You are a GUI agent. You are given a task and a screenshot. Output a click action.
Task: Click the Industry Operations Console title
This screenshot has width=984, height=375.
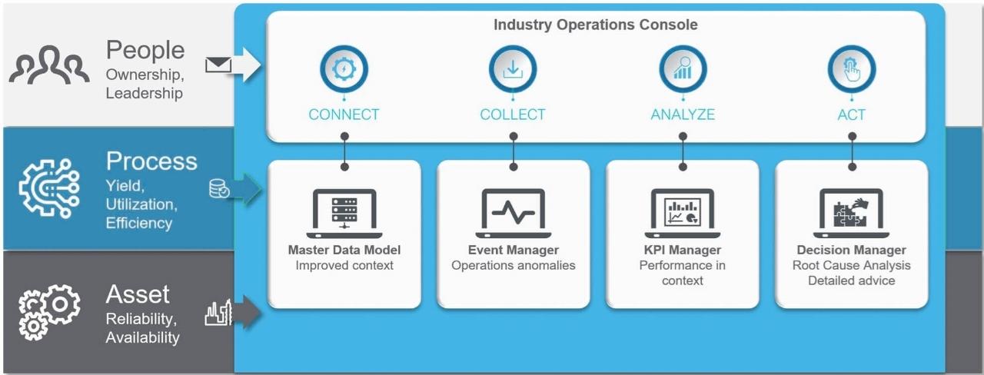pos(595,25)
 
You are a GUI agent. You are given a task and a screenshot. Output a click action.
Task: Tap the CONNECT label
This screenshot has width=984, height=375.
pos(344,114)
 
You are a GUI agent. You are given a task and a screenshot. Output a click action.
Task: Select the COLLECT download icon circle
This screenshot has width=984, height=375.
pos(513,69)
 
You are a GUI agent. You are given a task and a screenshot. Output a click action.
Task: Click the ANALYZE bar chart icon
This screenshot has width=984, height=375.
pos(683,69)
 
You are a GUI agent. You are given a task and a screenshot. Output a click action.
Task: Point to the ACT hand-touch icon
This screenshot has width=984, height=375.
pos(851,69)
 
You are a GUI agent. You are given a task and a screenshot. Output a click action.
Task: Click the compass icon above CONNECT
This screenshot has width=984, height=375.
pos(344,69)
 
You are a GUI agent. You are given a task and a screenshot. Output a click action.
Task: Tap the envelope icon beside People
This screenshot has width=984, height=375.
pos(218,65)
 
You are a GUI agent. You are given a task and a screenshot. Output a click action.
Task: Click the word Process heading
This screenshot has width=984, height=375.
pos(151,161)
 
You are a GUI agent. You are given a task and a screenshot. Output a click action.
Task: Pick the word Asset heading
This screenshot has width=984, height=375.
pos(138,294)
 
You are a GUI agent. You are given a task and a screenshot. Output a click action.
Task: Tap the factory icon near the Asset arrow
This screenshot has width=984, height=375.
pos(218,312)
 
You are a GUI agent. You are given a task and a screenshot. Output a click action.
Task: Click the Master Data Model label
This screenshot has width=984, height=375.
pos(344,250)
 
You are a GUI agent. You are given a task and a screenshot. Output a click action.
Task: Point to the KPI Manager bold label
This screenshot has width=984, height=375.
pos(683,250)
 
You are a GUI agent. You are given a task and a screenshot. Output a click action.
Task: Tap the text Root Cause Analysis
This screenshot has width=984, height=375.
pos(851,265)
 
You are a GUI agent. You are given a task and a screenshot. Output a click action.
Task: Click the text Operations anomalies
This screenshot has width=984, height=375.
pos(514,265)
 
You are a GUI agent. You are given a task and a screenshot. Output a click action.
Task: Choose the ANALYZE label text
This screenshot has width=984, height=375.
pos(683,114)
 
